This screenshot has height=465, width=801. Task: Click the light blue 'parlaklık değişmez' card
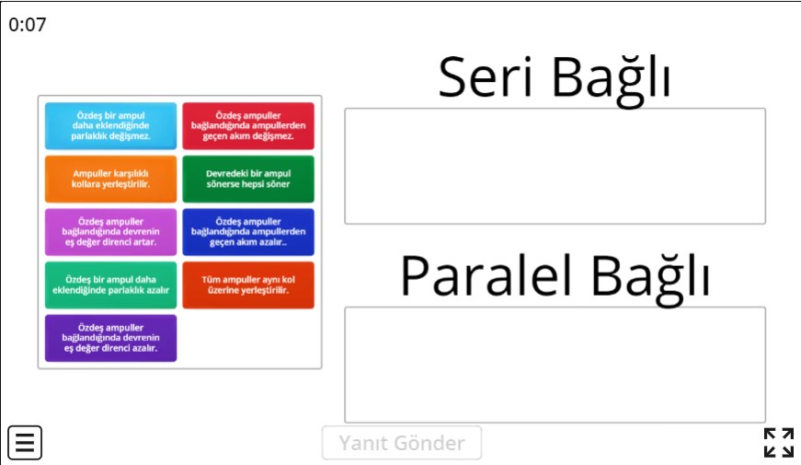pos(111,126)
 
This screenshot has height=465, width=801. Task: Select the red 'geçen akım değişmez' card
pos(248,126)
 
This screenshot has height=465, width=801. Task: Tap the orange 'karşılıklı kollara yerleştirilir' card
pos(111,179)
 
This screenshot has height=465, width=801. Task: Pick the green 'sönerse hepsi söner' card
pos(248,179)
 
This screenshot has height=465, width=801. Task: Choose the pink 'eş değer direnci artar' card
pos(111,232)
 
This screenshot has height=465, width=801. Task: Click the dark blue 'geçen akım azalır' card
pos(248,232)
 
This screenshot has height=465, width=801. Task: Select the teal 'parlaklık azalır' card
pos(111,285)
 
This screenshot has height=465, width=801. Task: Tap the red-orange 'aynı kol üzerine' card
pos(248,285)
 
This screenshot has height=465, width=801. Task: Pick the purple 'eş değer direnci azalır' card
pos(111,338)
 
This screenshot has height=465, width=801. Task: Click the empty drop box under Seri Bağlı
pos(555,167)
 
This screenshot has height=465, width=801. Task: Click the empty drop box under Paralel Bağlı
pos(555,365)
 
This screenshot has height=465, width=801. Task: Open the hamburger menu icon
pos(25,443)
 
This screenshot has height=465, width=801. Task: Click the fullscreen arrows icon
pos(779,443)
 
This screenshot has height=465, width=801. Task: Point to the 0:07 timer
pos(28,25)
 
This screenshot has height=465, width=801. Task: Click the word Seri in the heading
pos(486,77)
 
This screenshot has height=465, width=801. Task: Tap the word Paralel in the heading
pos(486,275)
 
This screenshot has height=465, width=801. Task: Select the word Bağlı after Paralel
pos(651,279)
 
